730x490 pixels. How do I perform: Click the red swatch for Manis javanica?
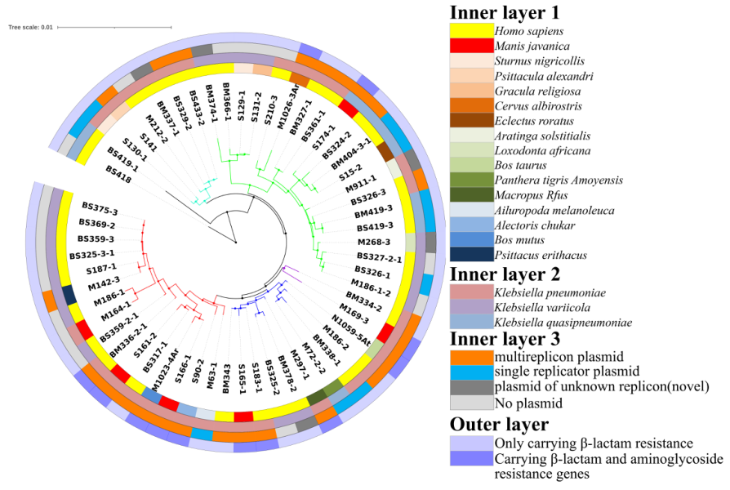[471, 46]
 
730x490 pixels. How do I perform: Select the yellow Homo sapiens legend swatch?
[471, 31]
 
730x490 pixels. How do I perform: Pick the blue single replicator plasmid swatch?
[471, 373]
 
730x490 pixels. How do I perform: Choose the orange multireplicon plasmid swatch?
[471, 358]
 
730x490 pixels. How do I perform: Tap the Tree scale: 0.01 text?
[31, 27]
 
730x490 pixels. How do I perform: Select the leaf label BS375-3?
[100, 207]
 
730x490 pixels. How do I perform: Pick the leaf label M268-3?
[375, 243]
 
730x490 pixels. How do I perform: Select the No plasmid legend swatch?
[471, 403]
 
